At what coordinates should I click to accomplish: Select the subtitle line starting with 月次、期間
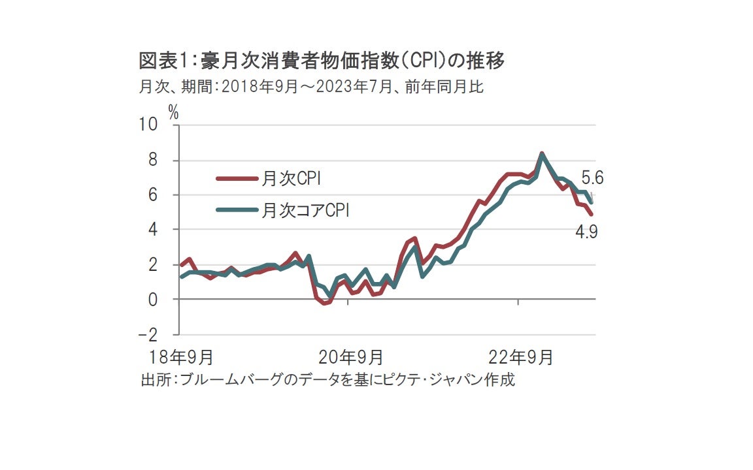(x=311, y=86)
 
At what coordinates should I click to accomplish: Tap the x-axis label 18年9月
(x=181, y=357)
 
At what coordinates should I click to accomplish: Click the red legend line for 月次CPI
(x=237, y=177)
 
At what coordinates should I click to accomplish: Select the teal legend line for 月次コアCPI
(x=237, y=210)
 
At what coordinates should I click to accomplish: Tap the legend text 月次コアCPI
(x=307, y=210)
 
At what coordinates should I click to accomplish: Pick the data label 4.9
(x=587, y=232)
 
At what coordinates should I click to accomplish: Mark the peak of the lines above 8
(x=541, y=154)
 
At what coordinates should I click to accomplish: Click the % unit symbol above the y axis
(x=173, y=112)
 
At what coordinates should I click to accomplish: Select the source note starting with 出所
(x=327, y=379)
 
